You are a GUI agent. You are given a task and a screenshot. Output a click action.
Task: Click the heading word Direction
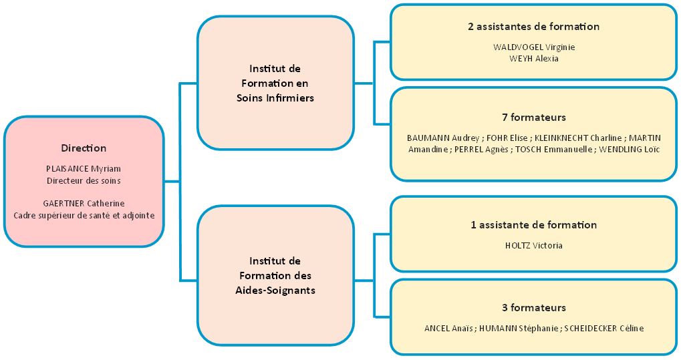pyautogui.click(x=84, y=148)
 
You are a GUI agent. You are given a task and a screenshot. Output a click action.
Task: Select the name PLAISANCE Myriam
pyautogui.click(x=84, y=168)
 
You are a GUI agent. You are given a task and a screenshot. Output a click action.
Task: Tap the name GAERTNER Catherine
pyautogui.click(x=84, y=203)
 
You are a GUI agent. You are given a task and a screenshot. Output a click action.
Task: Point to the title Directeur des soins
pyautogui.click(x=84, y=180)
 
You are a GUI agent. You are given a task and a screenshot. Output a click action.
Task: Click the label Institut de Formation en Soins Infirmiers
pyautogui.click(x=275, y=83)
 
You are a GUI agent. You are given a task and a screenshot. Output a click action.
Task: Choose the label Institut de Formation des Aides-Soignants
pyautogui.click(x=275, y=275)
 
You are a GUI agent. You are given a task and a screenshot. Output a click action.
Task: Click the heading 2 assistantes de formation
pyautogui.click(x=533, y=27)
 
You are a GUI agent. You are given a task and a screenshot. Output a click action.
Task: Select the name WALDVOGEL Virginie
pyautogui.click(x=533, y=47)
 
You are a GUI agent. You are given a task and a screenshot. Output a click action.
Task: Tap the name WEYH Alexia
pyautogui.click(x=533, y=58)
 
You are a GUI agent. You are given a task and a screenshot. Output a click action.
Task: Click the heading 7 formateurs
pyautogui.click(x=533, y=118)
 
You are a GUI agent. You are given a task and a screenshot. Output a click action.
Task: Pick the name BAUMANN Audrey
pyautogui.click(x=443, y=138)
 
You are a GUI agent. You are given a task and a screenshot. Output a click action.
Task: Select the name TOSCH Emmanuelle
pyautogui.click(x=554, y=149)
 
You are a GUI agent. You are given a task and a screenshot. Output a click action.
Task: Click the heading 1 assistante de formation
pyautogui.click(x=533, y=225)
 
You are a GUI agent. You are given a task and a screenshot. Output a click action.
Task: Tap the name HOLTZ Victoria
pyautogui.click(x=533, y=245)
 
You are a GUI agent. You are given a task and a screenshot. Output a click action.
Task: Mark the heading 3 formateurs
pyautogui.click(x=533, y=308)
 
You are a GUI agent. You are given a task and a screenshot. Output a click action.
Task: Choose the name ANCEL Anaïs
pyautogui.click(x=448, y=328)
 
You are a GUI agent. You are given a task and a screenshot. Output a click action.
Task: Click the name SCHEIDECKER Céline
pyautogui.click(x=604, y=328)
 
